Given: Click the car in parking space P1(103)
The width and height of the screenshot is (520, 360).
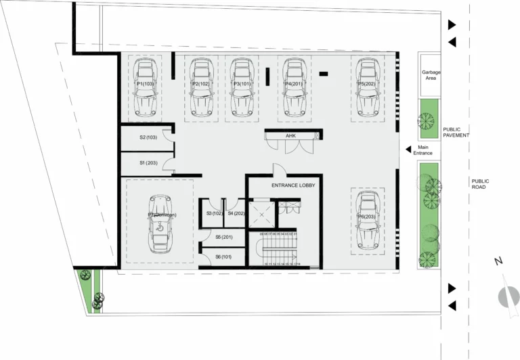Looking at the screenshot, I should [x=147, y=88].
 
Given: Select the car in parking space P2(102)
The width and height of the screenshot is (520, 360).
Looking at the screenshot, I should [x=202, y=88].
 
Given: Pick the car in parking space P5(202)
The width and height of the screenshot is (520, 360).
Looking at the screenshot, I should [x=367, y=88].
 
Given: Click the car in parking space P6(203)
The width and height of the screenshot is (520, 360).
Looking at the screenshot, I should [x=367, y=221].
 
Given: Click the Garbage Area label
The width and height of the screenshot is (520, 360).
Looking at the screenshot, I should [x=428, y=75].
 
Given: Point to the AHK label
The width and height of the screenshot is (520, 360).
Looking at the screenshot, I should [x=290, y=136].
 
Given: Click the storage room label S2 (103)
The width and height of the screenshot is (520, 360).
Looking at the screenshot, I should [x=148, y=137].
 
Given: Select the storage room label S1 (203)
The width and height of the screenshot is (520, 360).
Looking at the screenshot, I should [x=148, y=163].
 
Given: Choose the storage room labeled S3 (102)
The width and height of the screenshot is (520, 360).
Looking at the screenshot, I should [x=214, y=214].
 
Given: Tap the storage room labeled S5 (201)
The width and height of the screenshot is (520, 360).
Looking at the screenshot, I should [x=223, y=237].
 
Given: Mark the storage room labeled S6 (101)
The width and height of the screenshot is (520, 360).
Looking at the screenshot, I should [x=223, y=256].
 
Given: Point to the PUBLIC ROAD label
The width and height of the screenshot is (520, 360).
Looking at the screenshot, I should [x=480, y=184].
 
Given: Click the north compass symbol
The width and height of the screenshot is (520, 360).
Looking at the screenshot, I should [x=506, y=296].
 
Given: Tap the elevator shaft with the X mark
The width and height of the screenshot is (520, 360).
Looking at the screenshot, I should [x=261, y=215].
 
